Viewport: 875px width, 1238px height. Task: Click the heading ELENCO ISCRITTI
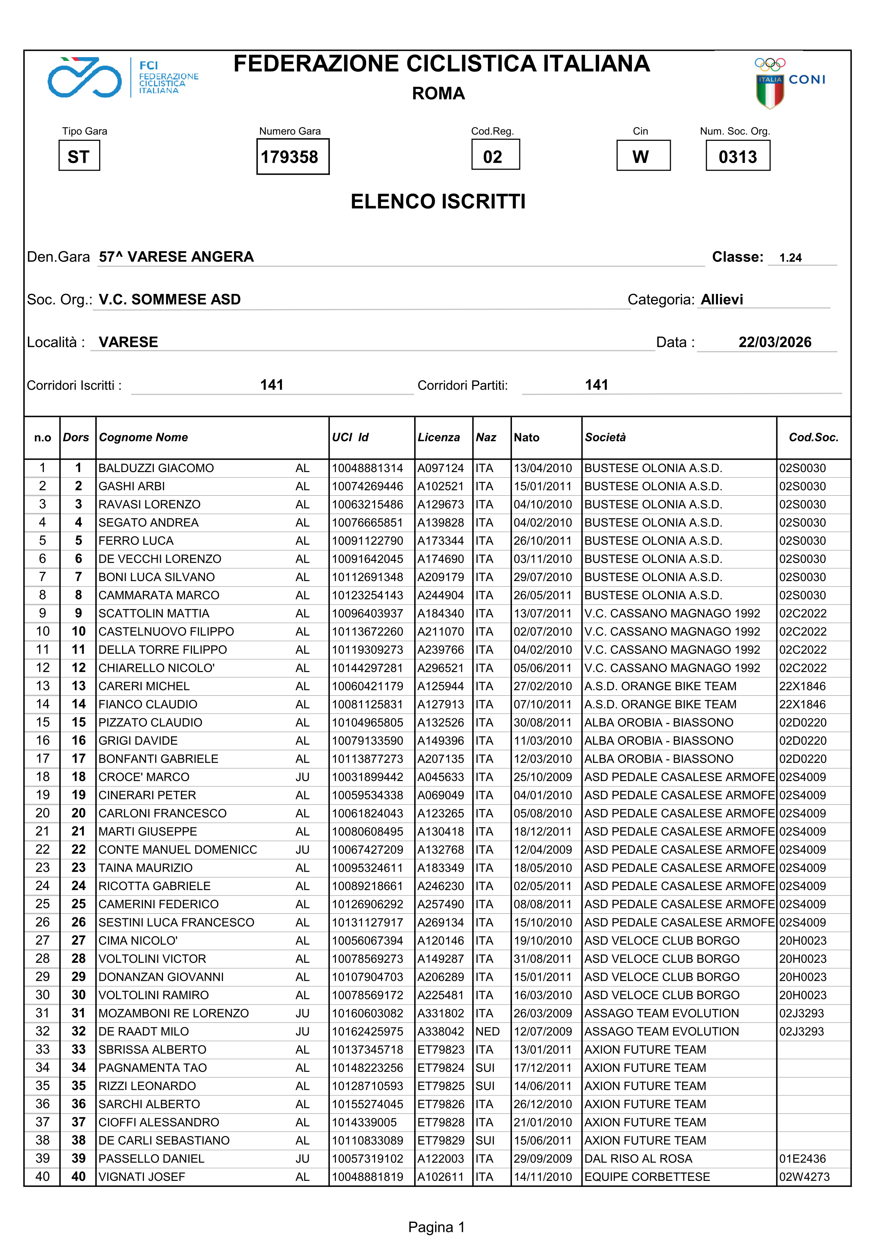438,202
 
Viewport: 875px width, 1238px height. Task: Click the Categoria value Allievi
722,300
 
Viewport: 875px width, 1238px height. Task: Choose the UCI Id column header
350,437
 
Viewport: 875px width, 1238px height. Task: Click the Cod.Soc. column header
813,437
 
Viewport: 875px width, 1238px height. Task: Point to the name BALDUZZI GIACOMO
156,468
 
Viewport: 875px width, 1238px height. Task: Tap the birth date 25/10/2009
542,777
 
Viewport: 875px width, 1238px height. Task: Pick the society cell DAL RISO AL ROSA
638,1159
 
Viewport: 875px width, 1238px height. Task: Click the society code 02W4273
804,1177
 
